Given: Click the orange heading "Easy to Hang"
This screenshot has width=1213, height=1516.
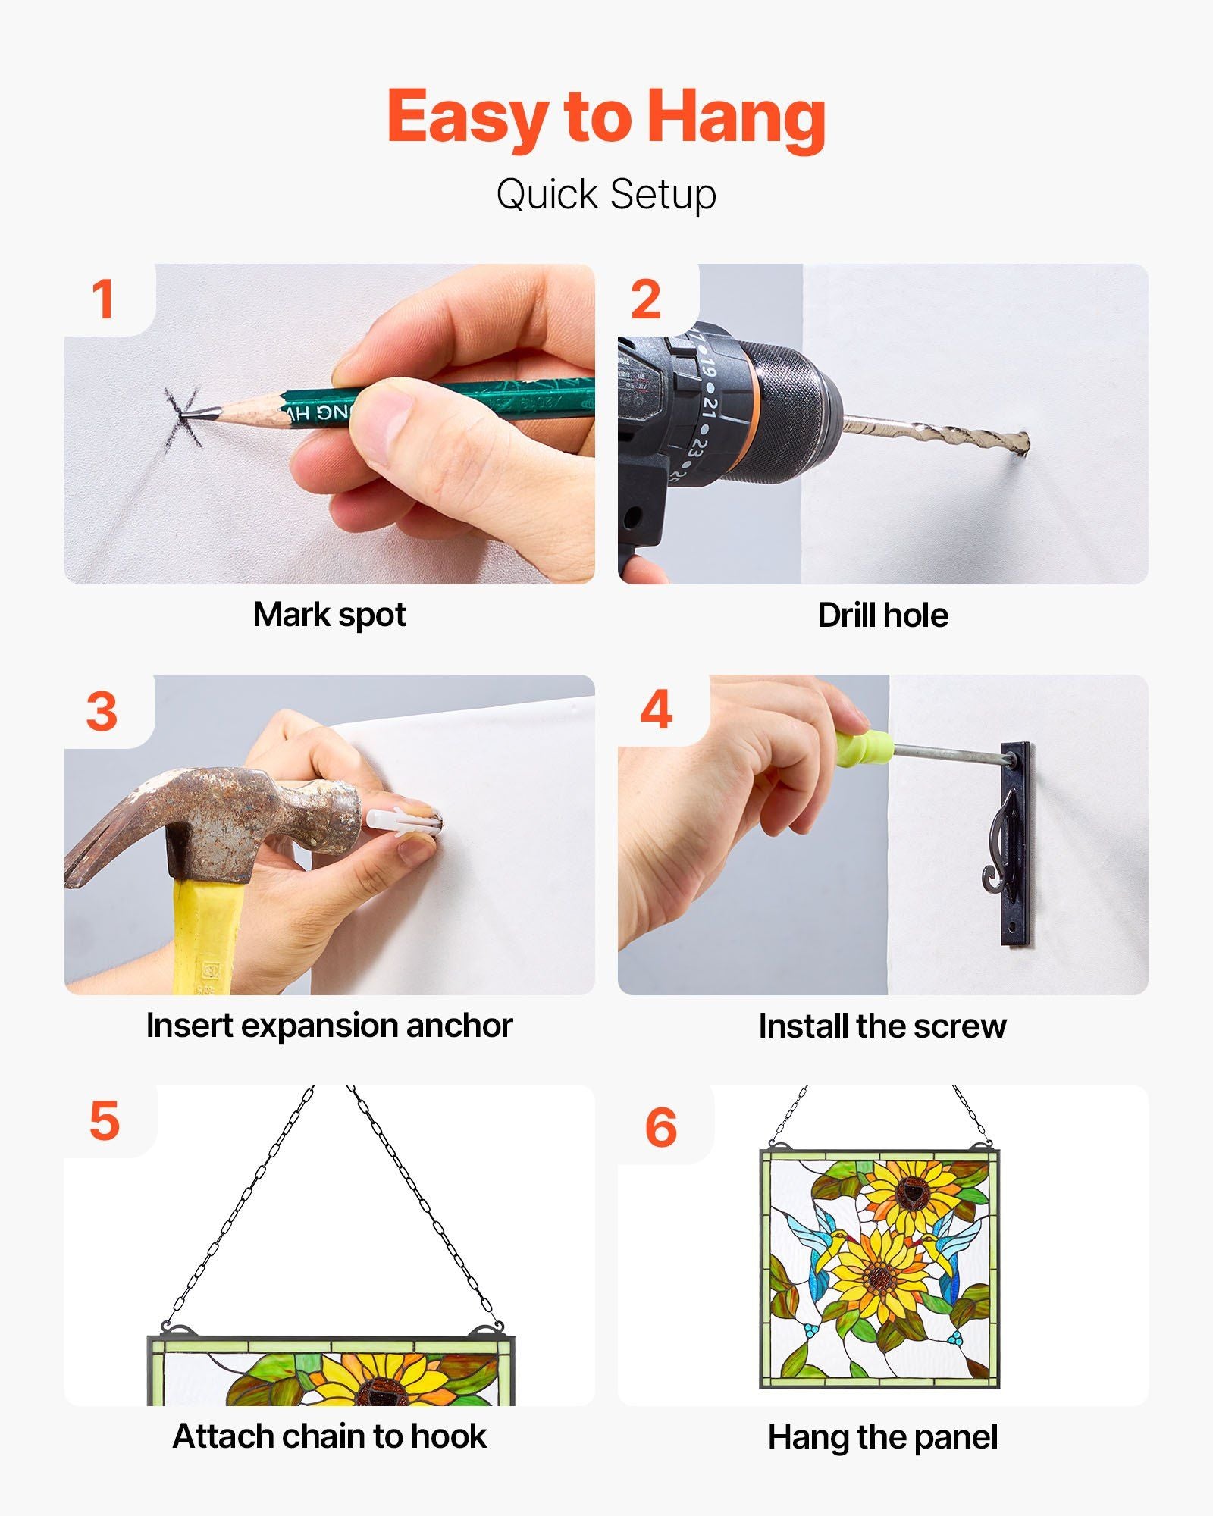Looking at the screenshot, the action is click(606, 118).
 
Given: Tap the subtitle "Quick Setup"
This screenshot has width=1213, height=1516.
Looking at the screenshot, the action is click(606, 195).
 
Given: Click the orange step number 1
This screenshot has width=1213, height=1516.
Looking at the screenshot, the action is click(102, 299).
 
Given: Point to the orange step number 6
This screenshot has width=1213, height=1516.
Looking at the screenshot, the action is click(660, 1127).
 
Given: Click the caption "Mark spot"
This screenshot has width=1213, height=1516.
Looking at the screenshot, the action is click(330, 615).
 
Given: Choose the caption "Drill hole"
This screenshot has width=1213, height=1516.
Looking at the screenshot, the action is click(882, 615).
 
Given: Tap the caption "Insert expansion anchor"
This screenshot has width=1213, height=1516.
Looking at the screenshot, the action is click(330, 1026).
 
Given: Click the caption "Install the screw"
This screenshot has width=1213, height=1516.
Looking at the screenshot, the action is click(882, 1026).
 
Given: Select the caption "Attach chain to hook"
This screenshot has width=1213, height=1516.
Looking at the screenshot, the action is click(330, 1436).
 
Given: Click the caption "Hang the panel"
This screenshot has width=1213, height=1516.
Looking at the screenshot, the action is click(882, 1437).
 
